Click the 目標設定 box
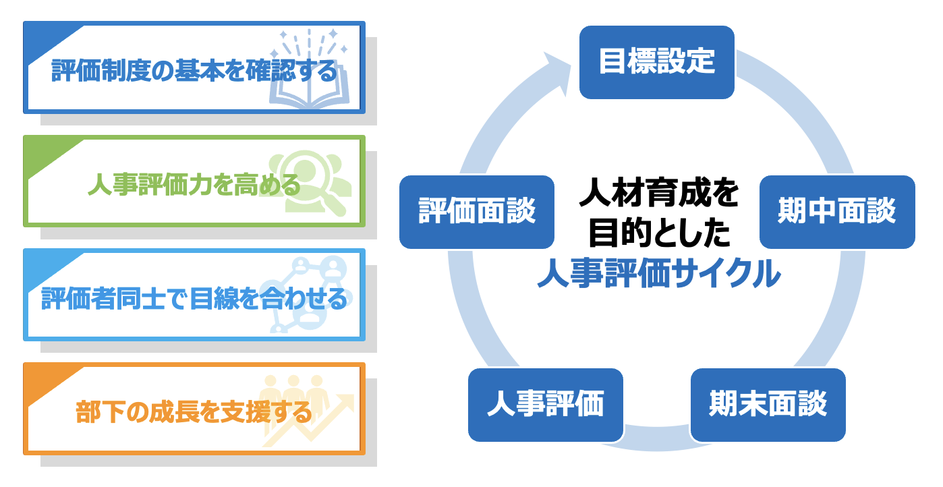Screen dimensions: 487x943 click(656, 62)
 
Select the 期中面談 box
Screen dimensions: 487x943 click(836, 212)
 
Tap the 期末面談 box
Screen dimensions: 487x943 click(768, 405)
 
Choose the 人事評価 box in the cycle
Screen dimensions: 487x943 click(545, 405)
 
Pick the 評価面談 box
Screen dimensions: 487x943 click(476, 212)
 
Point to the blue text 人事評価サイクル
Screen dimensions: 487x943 click(658, 274)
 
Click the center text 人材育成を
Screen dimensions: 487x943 click(658, 194)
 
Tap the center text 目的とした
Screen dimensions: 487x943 click(658, 233)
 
